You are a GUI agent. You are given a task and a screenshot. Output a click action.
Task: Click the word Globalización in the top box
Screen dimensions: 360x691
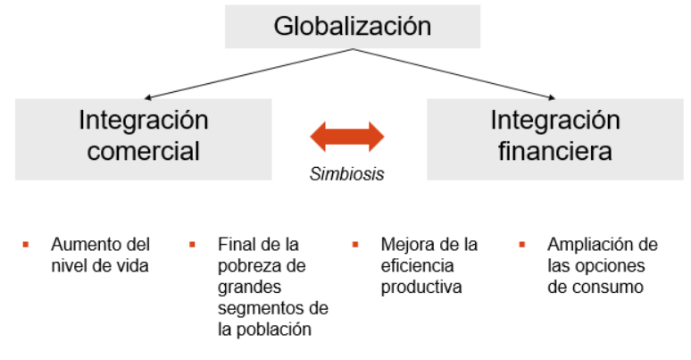tap(352, 26)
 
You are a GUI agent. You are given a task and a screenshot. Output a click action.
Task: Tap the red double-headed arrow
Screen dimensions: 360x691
tap(347, 137)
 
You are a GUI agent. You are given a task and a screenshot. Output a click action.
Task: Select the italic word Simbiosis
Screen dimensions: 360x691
tap(347, 174)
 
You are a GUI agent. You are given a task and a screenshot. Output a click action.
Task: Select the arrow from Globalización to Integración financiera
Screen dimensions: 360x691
tap(455, 73)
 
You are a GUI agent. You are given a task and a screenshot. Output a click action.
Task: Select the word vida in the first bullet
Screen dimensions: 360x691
tap(134, 265)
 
